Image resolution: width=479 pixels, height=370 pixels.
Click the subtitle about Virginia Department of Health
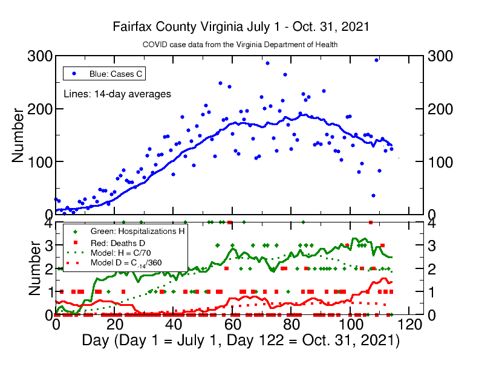point(240,45)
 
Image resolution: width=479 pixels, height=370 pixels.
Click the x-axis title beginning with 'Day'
point(241,340)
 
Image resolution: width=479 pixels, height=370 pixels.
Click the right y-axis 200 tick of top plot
point(441,109)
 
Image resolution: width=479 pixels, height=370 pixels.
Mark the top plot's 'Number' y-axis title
point(18,135)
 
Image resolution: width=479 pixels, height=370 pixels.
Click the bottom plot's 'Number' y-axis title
point(18,269)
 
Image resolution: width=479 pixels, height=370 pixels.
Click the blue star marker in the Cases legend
point(74,74)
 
